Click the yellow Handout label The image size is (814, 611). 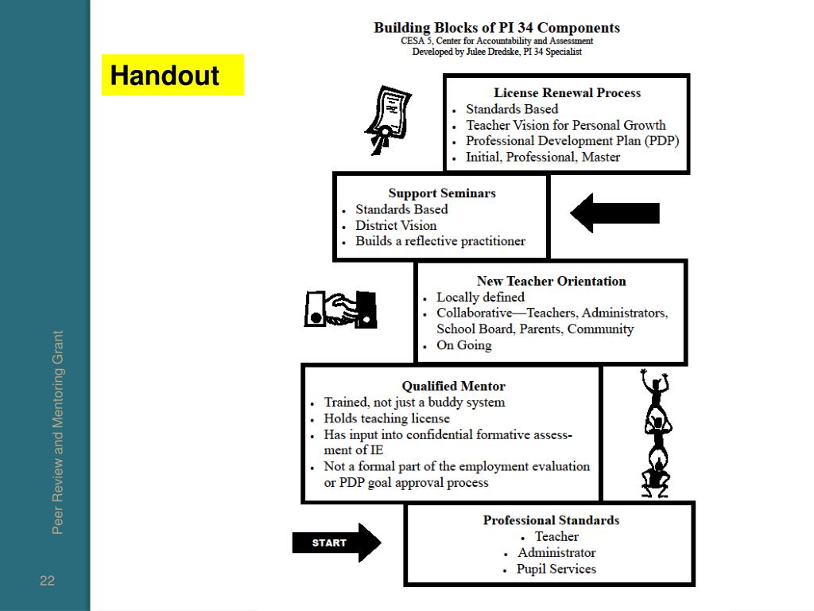[172, 76]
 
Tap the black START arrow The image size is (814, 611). [335, 543]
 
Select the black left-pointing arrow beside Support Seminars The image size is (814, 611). [614, 213]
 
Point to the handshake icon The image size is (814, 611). [341, 309]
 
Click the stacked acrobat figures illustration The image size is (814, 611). [655, 434]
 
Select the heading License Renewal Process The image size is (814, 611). [567, 93]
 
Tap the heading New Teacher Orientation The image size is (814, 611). [551, 281]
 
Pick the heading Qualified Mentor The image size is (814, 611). [453, 387]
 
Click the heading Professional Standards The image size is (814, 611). [551, 520]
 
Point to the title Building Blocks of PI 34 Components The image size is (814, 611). [497, 28]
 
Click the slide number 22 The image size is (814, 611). [48, 581]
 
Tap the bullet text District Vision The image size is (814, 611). [396, 225]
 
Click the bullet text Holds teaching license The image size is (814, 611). [386, 418]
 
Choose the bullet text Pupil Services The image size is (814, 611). [556, 569]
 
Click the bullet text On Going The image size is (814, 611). [464, 345]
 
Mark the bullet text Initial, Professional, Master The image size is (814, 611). [543, 157]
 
